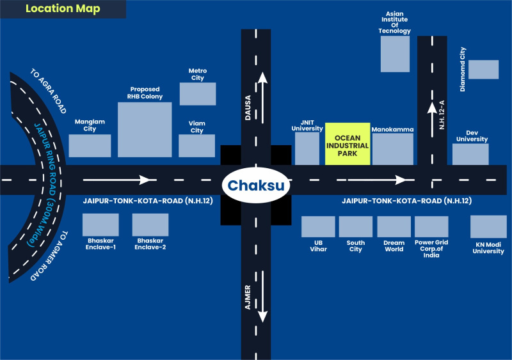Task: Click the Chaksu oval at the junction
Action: [256, 186]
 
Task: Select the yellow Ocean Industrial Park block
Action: [348, 143]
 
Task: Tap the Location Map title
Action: [63, 10]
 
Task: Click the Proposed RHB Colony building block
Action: [145, 129]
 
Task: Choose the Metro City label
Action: [197, 74]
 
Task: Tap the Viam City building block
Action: [196, 145]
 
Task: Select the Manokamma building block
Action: [392, 149]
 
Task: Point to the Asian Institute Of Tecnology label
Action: [394, 22]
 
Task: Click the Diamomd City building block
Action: [483, 69]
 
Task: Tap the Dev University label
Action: [472, 136]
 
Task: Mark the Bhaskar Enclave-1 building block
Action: [101, 224]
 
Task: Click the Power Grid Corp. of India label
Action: [431, 249]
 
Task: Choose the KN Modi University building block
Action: [488, 226]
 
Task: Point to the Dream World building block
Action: [394, 226]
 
